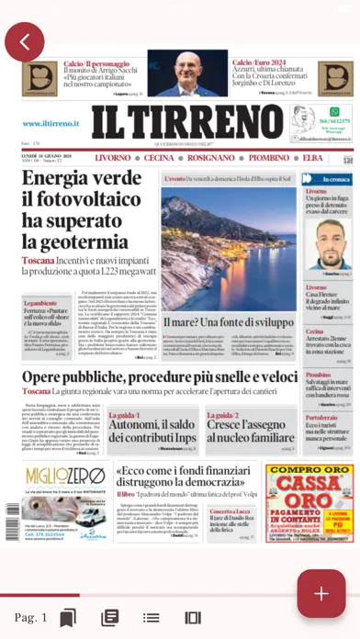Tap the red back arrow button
coord(25,41)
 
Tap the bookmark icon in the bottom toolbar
coord(67,617)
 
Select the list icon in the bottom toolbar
coord(110,617)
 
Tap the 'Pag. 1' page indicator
coord(30,617)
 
